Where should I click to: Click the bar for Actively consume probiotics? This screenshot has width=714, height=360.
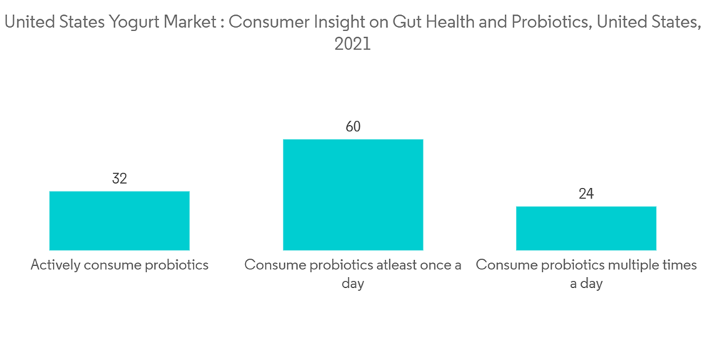[119, 221]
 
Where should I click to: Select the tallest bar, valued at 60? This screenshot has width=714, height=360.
[353, 194]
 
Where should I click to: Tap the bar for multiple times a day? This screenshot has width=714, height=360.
[586, 228]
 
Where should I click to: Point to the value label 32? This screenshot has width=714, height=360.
[119, 179]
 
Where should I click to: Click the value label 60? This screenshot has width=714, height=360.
[353, 127]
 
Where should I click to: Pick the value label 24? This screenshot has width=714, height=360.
[586, 194]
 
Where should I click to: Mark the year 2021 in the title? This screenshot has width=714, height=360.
[353, 44]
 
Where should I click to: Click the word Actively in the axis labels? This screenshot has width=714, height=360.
[55, 265]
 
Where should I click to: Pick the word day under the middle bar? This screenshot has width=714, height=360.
[353, 284]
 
